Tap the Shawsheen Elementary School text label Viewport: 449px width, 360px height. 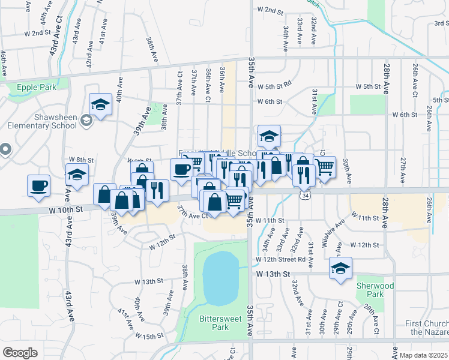tap(42, 122)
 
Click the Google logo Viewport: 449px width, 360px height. tap(20, 353)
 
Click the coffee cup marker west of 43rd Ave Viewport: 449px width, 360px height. tap(39, 185)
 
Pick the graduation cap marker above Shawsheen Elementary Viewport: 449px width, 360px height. tap(100, 104)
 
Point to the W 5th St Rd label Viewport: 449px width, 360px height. tap(274, 86)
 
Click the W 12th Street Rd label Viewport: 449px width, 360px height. tap(280, 259)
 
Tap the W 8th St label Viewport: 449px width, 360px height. tap(82, 160)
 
